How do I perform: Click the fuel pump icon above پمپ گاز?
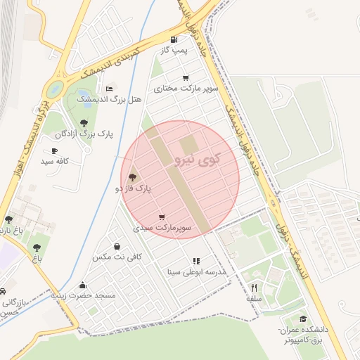coord(174,40)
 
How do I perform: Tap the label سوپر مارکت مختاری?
coord(191,89)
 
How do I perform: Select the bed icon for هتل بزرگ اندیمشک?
coord(108,89)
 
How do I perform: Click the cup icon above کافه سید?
coord(54,151)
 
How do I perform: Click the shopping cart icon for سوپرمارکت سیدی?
coord(162,217)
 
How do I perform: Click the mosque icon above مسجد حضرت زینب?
coord(83,285)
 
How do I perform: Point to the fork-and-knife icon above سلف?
coord(254,288)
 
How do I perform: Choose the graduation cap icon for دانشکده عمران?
coord(303,319)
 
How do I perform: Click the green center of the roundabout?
coord(53,89)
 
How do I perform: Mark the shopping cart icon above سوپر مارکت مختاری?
coord(186,78)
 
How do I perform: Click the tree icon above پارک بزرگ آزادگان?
coord(84,123)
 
